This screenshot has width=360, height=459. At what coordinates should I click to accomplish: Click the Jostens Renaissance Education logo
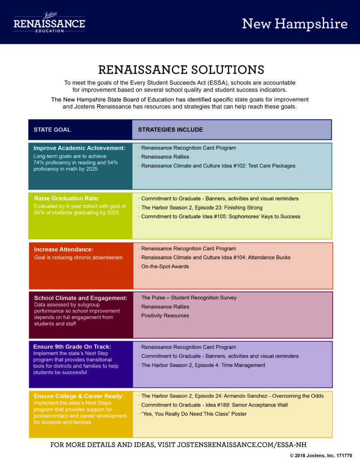[49, 22]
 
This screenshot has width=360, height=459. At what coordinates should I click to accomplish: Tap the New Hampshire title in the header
[295, 24]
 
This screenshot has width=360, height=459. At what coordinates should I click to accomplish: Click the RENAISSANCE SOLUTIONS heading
[181, 70]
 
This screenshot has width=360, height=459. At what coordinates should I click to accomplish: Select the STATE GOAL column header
[52, 130]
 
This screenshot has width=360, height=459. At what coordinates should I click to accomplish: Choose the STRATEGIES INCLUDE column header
[170, 130]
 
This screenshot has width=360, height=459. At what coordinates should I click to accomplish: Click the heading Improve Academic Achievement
[79, 148]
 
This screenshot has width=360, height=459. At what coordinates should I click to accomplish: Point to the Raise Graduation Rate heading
[67, 199]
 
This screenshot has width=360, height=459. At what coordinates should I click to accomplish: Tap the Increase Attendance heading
[64, 249]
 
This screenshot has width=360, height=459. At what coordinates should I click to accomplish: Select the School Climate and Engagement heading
[81, 298]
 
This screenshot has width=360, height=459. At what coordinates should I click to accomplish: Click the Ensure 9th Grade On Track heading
[72, 346]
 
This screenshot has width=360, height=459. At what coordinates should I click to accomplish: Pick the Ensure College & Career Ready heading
[79, 396]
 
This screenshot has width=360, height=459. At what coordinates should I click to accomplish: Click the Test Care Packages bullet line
[217, 166]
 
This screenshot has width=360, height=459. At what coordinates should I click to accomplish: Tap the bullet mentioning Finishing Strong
[200, 208]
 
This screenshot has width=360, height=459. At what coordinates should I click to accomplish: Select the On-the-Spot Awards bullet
[164, 266]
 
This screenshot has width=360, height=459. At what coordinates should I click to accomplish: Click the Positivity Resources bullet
[164, 316]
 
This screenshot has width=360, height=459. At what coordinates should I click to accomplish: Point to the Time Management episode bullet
[202, 365]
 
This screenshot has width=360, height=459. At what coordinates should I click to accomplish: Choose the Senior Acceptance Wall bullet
[213, 405]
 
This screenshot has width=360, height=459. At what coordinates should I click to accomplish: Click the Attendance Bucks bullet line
[215, 257]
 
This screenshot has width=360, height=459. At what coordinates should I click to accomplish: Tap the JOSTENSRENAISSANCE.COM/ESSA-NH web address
[242, 445]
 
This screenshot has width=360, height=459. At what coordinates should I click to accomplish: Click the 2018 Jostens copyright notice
[321, 455]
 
